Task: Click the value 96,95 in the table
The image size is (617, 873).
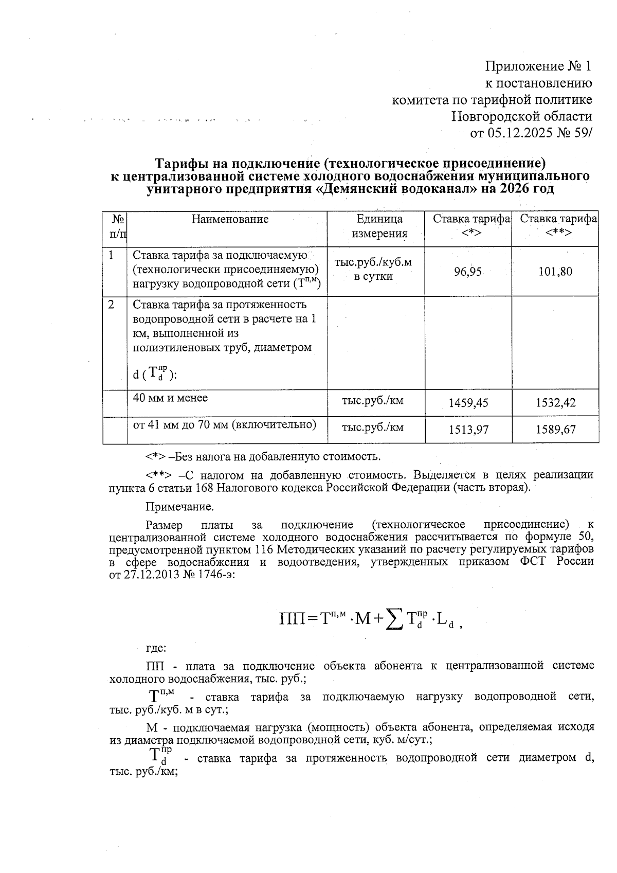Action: (x=468, y=272)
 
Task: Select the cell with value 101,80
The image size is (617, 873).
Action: (x=555, y=272)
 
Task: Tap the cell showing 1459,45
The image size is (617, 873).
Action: (x=468, y=403)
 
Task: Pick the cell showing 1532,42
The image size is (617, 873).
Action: (x=555, y=403)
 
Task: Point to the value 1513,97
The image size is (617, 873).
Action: (x=468, y=429)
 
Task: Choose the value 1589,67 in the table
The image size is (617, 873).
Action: (x=555, y=429)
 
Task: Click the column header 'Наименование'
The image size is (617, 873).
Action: (x=230, y=220)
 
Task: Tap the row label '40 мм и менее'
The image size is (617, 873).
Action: (x=170, y=398)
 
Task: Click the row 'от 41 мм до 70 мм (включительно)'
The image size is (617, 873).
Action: (x=224, y=424)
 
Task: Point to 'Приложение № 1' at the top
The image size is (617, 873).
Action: (x=538, y=66)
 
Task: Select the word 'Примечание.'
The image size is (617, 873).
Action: (x=179, y=507)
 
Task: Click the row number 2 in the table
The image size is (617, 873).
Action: (x=112, y=304)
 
